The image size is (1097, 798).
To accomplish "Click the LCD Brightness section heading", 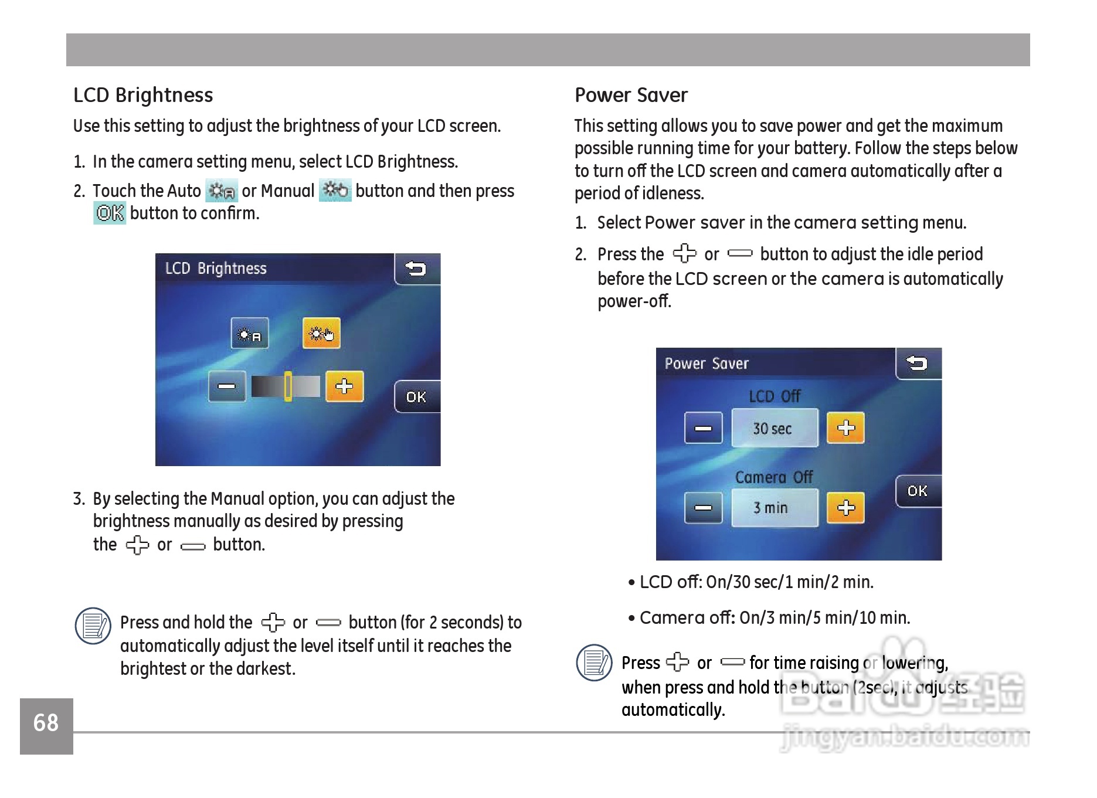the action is pyautogui.click(x=143, y=95).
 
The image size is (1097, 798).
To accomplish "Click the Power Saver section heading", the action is pyautogui.click(x=631, y=95).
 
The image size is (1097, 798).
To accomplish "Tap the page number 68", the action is pyautogui.click(x=46, y=724).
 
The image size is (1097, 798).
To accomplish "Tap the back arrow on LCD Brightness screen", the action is pyautogui.click(x=416, y=269).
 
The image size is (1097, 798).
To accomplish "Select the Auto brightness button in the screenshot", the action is pyautogui.click(x=250, y=334).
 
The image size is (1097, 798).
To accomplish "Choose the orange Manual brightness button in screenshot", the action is pyautogui.click(x=321, y=334).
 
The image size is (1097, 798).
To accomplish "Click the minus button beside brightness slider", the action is pyautogui.click(x=227, y=386).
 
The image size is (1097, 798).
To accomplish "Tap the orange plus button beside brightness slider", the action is pyautogui.click(x=344, y=386).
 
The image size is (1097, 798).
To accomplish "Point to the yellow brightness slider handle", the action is pyautogui.click(x=288, y=386).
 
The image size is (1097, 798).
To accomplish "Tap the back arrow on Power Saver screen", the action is pyautogui.click(x=918, y=364).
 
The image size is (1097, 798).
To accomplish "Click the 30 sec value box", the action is pyautogui.click(x=774, y=429).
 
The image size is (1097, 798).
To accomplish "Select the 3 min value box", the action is pyautogui.click(x=774, y=508).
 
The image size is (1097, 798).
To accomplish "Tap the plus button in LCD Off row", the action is pyautogui.click(x=845, y=428).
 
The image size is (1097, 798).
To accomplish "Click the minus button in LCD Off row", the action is pyautogui.click(x=703, y=428).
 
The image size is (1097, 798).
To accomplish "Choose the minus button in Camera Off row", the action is pyautogui.click(x=703, y=508).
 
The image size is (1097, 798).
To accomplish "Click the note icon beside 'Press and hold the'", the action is pyautogui.click(x=93, y=626).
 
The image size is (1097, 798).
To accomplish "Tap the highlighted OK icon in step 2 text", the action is pyautogui.click(x=110, y=213).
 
